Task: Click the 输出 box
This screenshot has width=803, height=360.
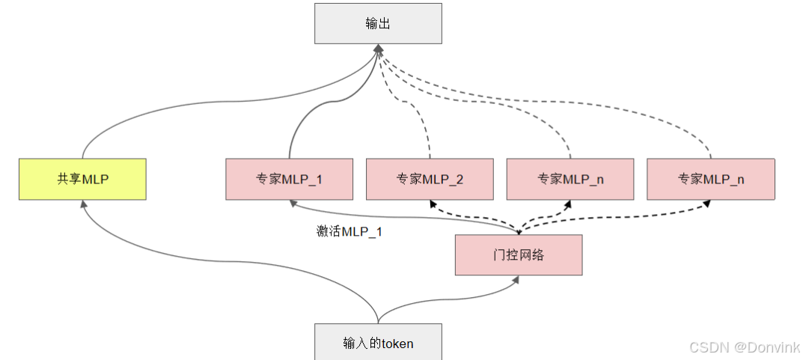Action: pyautogui.click(x=378, y=23)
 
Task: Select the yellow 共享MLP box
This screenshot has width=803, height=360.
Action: pyautogui.click(x=82, y=179)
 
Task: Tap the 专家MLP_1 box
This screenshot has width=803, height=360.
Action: pyautogui.click(x=289, y=179)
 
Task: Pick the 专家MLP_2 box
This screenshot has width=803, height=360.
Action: pyautogui.click(x=430, y=179)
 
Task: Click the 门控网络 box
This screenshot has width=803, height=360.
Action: pyautogui.click(x=518, y=255)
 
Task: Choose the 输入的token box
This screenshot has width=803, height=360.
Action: pyautogui.click(x=378, y=343)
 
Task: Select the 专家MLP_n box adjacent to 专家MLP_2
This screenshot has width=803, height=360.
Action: pyautogui.click(x=570, y=179)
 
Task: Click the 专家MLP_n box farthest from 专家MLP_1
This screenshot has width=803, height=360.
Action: pyautogui.click(x=711, y=179)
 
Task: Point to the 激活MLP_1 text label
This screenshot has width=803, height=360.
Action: pyautogui.click(x=349, y=232)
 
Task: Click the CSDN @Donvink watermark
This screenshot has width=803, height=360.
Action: pyautogui.click(x=744, y=347)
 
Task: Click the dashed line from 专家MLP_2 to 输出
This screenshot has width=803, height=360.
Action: pyautogui.click(x=419, y=120)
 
